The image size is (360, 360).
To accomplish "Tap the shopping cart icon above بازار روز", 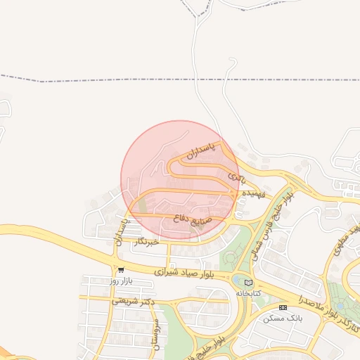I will (x=122, y=269).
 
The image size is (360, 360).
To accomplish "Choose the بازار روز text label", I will (x=120, y=281).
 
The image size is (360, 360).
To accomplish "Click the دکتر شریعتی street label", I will (x=133, y=302).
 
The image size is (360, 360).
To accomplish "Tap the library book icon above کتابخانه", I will (x=247, y=282).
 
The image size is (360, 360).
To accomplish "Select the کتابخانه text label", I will (x=247, y=292).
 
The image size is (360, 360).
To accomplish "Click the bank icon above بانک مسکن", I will (x=283, y=307).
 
